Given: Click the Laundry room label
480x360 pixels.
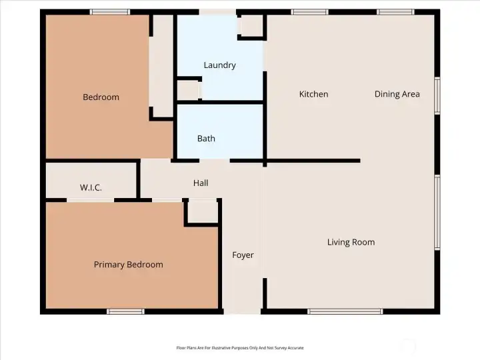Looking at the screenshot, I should [x=219, y=65].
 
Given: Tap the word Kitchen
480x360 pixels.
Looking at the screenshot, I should [x=313, y=94].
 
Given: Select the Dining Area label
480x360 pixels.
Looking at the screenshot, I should [x=397, y=94].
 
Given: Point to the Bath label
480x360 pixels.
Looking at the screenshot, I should [x=206, y=139].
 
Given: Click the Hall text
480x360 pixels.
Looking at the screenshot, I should [x=201, y=183].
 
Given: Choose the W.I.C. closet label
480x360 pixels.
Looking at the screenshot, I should [x=91, y=188].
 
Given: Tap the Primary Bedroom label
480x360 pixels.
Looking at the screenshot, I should [x=128, y=265].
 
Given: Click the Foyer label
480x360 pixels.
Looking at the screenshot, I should [x=243, y=255].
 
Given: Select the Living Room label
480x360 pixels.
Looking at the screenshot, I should [x=351, y=242].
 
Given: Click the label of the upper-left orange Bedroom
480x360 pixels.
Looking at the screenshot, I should [x=101, y=97].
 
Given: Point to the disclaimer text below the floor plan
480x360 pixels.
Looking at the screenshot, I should [x=239, y=347].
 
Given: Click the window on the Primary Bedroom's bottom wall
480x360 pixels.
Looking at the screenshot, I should [x=126, y=311].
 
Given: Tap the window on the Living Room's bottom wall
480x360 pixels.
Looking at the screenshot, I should [x=345, y=311].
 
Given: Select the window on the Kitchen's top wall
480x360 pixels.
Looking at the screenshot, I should [x=309, y=12].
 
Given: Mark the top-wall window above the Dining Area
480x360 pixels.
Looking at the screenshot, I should [x=395, y=12].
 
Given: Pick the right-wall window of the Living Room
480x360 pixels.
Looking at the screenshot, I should [x=437, y=212].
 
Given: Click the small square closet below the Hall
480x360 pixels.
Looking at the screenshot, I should [x=201, y=212].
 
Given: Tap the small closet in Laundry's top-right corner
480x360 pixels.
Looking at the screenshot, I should [x=251, y=25].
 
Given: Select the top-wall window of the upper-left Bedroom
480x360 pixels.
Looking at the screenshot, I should [x=110, y=12].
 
